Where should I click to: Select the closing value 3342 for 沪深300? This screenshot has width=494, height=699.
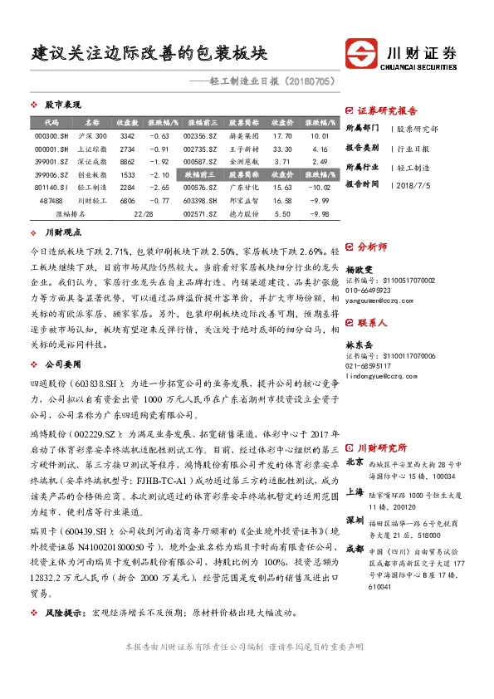tap(127, 135)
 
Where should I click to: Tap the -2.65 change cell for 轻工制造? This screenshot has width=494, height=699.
tap(159, 188)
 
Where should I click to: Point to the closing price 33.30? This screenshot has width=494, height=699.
tap(282, 149)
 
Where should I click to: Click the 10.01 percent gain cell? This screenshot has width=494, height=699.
tap(319, 135)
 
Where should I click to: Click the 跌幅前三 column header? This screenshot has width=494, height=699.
tap(202, 174)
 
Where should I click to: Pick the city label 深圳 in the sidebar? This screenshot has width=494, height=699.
tap(354, 519)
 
